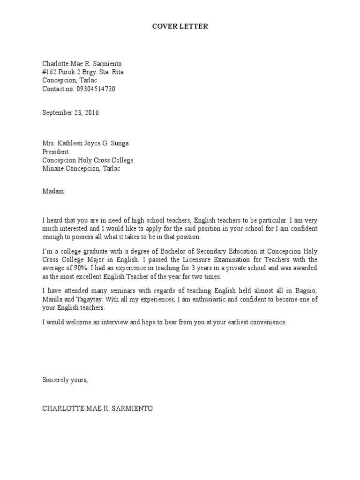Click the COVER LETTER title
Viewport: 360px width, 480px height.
(x=180, y=27)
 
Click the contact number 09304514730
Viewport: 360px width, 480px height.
(x=96, y=89)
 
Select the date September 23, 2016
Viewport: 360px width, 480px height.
(x=71, y=112)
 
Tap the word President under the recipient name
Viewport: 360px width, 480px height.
(x=55, y=152)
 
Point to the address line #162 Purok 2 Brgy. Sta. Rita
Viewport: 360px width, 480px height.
(x=83, y=72)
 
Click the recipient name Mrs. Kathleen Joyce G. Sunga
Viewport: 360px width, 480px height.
(x=84, y=143)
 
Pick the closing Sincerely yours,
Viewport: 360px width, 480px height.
(x=65, y=380)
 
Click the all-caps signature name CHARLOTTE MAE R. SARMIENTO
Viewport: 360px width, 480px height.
(x=97, y=408)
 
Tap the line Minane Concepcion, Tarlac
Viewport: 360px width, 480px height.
(x=81, y=169)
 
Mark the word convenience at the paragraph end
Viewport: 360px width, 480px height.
(x=264, y=323)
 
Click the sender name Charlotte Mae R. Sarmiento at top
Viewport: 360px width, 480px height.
(x=84, y=64)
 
